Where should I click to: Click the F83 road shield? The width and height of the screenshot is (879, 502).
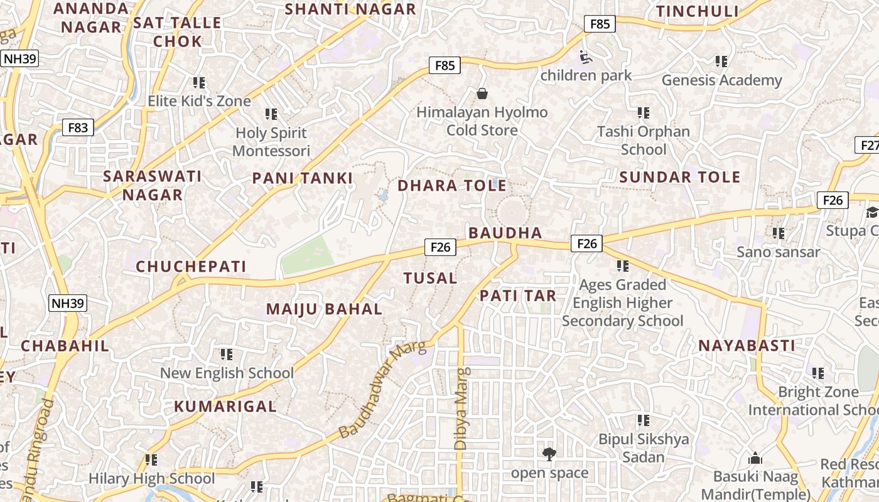78,128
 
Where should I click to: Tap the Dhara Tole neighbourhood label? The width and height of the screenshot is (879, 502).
451,186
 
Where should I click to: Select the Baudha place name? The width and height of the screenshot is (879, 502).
505,233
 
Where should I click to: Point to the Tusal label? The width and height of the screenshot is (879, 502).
430,278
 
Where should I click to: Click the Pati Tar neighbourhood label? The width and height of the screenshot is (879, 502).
518,296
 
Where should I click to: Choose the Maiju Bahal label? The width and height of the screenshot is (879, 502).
324,309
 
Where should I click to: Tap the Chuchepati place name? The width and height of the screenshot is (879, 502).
191,267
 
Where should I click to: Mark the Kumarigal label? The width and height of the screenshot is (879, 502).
225,407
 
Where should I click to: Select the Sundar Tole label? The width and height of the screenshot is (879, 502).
680,177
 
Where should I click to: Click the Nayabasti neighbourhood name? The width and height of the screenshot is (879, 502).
747,346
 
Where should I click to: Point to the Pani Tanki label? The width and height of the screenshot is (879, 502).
303,178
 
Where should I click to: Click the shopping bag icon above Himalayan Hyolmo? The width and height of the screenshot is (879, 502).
482,94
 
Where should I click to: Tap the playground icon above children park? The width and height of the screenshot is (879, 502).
585,57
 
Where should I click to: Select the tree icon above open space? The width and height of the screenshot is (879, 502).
549,454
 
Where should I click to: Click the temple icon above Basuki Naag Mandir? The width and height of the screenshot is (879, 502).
755,459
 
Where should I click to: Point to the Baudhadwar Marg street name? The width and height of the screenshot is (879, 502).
382,390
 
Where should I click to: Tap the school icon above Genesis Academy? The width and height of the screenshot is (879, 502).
721,61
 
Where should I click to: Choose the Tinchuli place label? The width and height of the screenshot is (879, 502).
697,11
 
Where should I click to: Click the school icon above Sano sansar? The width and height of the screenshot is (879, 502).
779,233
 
